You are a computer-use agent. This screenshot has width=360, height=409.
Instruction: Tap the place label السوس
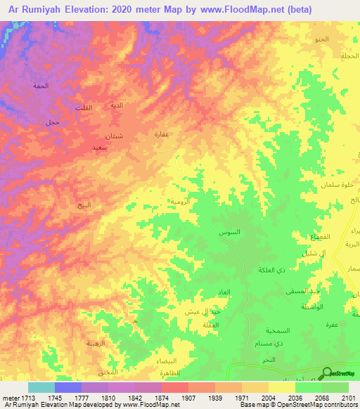230,232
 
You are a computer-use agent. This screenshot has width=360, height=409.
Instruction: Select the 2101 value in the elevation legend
349,398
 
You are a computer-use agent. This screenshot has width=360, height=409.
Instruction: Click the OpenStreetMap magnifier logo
326,374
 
